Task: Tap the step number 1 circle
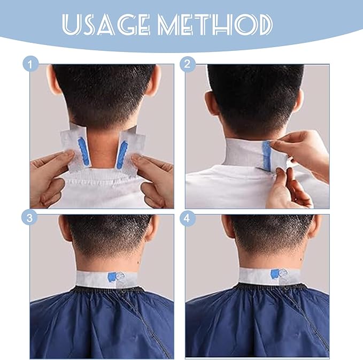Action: (x=30, y=64)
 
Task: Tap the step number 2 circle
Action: (x=188, y=64)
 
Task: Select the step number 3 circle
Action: (x=29, y=218)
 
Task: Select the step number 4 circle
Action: (x=187, y=218)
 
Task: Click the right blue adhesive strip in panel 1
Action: (x=122, y=155)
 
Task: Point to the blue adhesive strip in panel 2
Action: (x=266, y=155)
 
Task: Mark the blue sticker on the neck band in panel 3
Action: (x=112, y=277)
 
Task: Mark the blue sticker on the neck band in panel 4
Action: (x=275, y=274)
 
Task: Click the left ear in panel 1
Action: (x=52, y=80)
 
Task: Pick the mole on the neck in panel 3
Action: (x=138, y=263)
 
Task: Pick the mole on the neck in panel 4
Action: (x=302, y=258)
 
